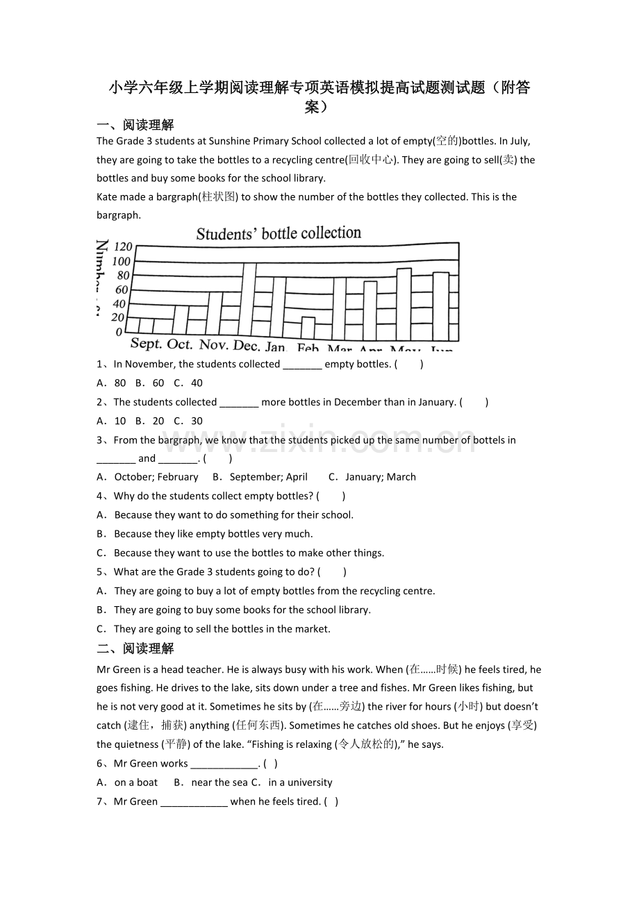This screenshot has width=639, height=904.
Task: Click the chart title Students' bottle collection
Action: (279, 233)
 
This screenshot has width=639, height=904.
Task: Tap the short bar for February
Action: (308, 327)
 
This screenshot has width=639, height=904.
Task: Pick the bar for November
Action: (215, 313)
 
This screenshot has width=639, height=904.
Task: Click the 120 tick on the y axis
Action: (123, 246)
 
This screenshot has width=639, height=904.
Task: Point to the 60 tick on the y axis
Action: (122, 290)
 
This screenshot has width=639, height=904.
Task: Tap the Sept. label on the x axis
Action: (146, 344)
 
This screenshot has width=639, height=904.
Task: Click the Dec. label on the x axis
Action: (247, 345)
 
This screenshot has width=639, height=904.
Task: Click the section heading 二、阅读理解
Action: (135, 648)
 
